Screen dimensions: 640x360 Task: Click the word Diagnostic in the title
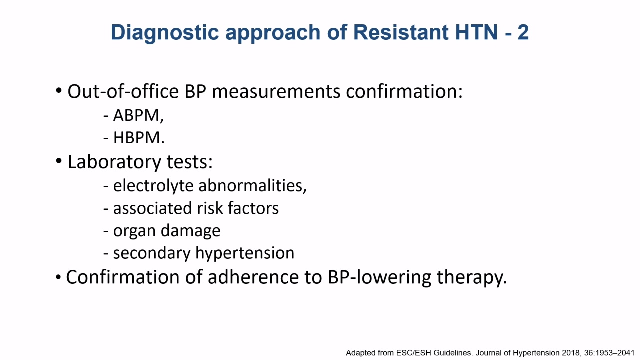(x=165, y=33)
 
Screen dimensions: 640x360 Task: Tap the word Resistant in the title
(x=400, y=32)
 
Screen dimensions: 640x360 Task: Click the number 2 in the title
(x=523, y=32)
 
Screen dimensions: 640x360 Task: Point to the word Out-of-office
(x=123, y=91)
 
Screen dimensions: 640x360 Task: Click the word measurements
(x=276, y=92)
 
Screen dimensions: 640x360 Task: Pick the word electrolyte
(x=153, y=186)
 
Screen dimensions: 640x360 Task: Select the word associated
(x=152, y=208)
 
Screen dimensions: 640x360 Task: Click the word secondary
(x=152, y=253)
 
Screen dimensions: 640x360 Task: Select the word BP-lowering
(x=379, y=277)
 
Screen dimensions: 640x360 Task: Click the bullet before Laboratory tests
(x=59, y=161)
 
